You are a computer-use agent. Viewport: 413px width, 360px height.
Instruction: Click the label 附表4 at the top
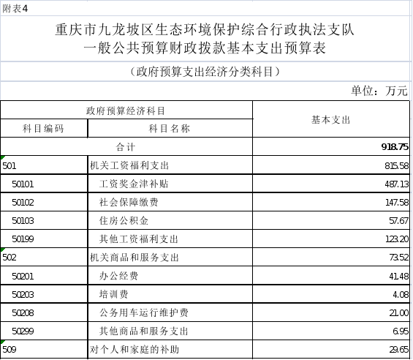(x=15, y=9)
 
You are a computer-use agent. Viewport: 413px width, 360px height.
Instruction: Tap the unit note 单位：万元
(x=379, y=91)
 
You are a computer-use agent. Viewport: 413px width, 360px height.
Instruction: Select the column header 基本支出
(x=331, y=120)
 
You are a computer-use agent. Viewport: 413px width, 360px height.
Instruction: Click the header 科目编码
(x=43, y=129)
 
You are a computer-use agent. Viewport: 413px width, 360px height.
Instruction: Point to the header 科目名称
(x=170, y=129)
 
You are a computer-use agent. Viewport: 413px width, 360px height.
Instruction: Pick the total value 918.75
(x=395, y=146)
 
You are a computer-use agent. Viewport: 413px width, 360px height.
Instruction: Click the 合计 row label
(x=126, y=147)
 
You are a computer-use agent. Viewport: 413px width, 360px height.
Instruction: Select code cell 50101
(x=23, y=184)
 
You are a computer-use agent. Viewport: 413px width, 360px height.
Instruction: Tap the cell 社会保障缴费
(x=129, y=202)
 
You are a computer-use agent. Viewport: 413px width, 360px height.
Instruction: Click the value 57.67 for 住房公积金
(x=399, y=220)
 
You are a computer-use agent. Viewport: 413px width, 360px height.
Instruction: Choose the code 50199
(x=23, y=239)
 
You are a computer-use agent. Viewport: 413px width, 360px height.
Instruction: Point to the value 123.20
(x=397, y=239)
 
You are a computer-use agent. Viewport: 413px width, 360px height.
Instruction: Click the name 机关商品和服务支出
(x=134, y=258)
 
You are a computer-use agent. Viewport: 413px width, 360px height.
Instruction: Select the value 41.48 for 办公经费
(x=399, y=276)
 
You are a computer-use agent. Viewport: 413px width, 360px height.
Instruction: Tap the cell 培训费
(x=114, y=294)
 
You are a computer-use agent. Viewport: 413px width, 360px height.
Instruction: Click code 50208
(x=23, y=312)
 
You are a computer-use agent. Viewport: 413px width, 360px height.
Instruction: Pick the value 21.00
(x=399, y=312)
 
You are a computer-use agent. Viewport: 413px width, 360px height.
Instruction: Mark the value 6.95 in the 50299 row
(x=401, y=331)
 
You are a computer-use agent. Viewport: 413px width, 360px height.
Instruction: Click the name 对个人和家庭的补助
(x=134, y=350)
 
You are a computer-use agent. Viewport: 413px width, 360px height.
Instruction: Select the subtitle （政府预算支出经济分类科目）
(x=205, y=72)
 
